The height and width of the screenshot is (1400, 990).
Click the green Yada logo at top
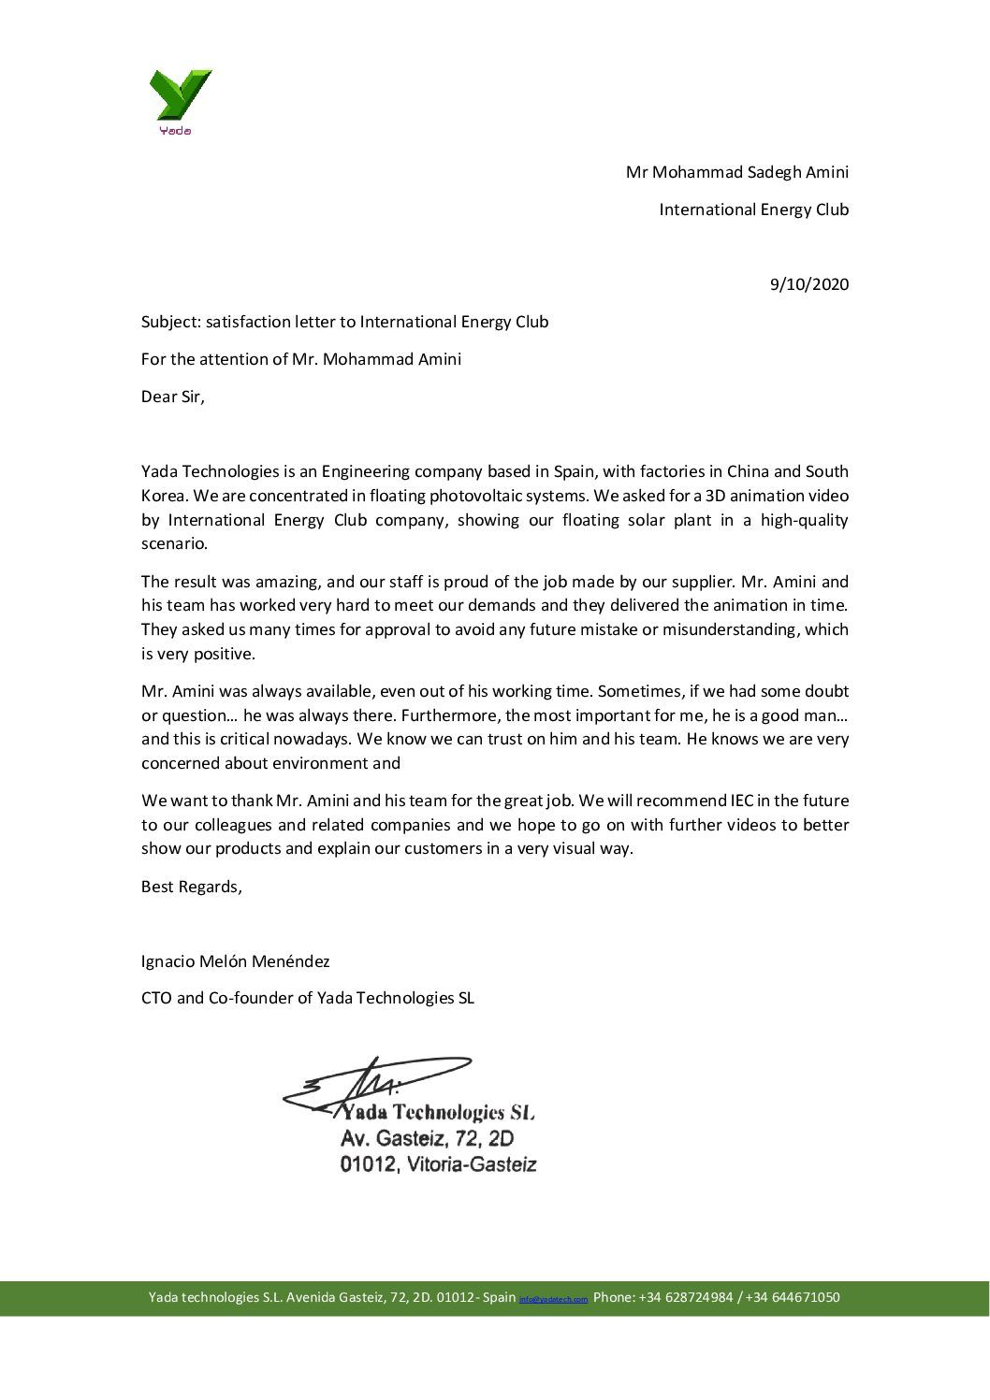[180, 99]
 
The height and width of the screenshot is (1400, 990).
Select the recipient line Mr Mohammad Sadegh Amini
[737, 172]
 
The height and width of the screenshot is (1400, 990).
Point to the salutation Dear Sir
[172, 397]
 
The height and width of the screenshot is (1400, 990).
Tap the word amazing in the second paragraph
[257, 582]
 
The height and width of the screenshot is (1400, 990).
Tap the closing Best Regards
[191, 887]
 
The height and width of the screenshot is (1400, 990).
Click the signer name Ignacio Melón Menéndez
[235, 961]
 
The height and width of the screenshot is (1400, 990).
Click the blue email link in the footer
[553, 1299]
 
